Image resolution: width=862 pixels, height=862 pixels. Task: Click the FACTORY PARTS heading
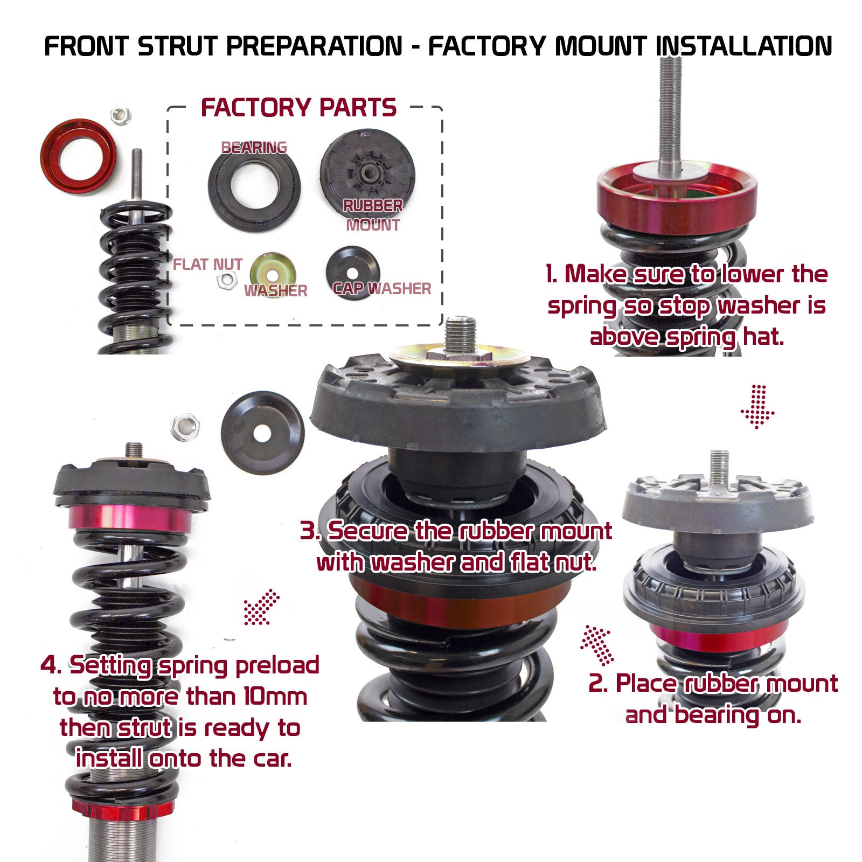[298, 108]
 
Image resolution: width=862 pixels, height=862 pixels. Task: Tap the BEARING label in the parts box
[254, 147]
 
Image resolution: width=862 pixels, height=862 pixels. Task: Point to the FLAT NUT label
[207, 264]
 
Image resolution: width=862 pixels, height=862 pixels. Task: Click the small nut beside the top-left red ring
[121, 115]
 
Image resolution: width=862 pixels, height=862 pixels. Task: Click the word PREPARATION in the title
[314, 46]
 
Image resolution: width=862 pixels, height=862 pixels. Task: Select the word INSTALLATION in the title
[744, 46]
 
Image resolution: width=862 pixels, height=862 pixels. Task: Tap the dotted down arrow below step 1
[757, 407]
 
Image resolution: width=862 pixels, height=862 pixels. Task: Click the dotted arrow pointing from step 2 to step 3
[597, 644]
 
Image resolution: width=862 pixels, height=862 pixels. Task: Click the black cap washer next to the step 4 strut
[262, 432]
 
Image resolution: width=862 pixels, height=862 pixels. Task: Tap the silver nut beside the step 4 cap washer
[185, 427]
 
